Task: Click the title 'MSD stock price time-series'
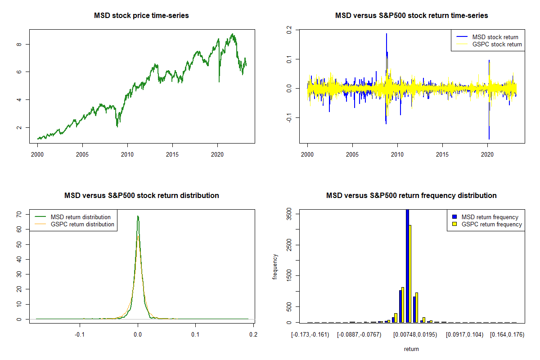[141, 16]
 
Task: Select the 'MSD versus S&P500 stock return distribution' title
[141, 196]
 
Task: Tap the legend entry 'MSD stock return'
[495, 37]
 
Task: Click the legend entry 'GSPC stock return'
[497, 44]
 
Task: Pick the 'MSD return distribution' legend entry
[81, 217]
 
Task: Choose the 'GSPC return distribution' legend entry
[82, 224]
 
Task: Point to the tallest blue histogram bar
[407, 265]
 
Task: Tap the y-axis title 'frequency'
[275, 266]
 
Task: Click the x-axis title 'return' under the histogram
[411, 349]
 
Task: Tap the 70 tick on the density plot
[19, 215]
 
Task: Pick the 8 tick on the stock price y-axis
[19, 44]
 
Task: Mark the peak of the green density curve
[138, 216]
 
